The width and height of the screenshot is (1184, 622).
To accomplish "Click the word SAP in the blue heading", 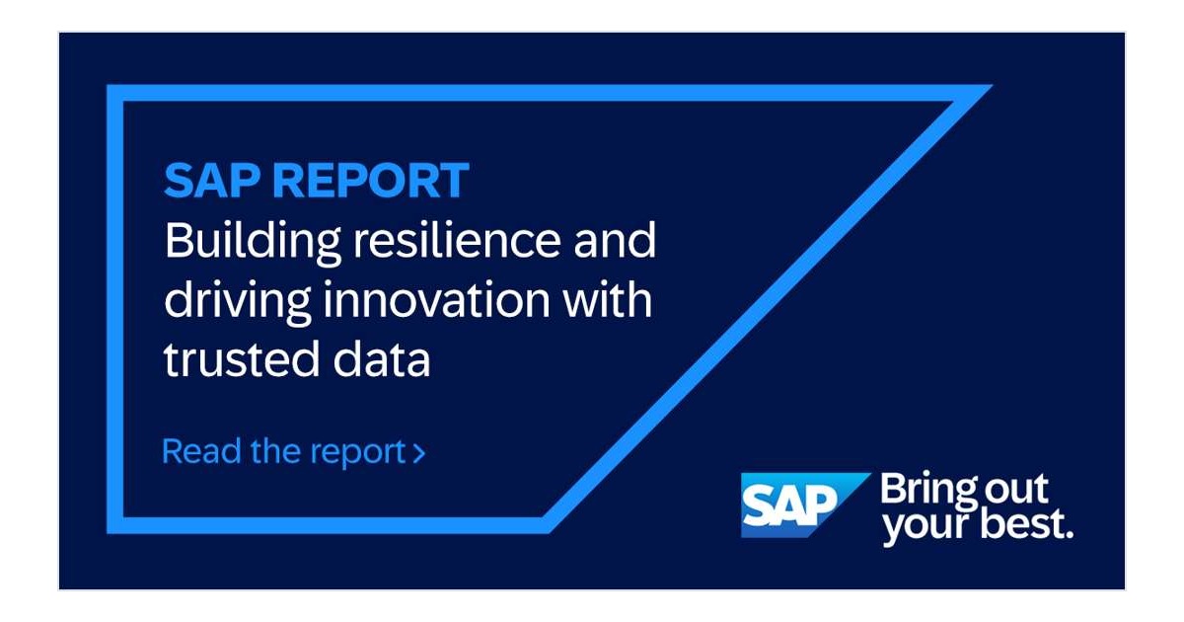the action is (212, 181).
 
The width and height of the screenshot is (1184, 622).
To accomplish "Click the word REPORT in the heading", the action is (371, 181).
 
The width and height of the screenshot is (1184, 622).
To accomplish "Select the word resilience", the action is (457, 240).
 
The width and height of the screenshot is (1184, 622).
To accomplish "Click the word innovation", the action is (436, 299).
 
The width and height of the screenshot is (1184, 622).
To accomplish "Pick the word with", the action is (607, 299).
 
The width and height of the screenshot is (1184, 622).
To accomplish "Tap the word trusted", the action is (242, 359).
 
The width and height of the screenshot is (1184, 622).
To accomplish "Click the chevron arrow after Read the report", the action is (418, 453).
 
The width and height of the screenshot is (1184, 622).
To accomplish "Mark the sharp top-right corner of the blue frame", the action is (992, 85).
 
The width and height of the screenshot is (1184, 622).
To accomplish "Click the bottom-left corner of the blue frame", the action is (108, 532).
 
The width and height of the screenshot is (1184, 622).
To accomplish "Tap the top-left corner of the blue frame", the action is (108, 85).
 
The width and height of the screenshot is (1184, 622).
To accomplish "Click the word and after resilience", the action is (615, 240).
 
